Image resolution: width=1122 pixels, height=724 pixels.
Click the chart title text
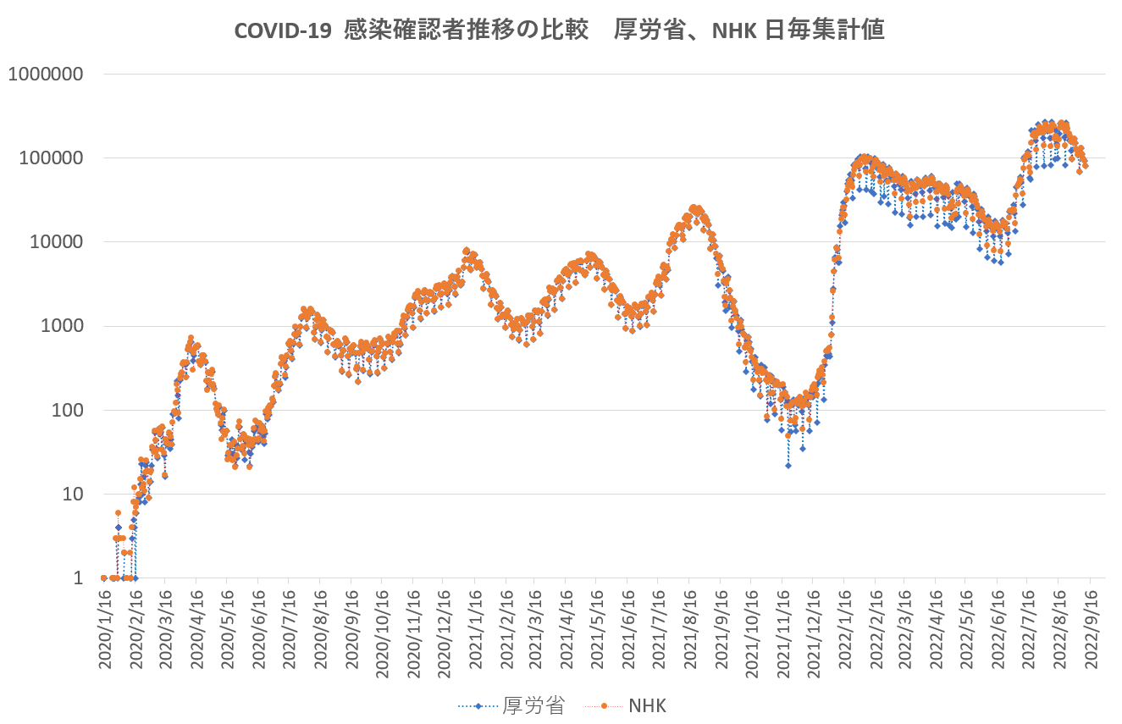click(559, 30)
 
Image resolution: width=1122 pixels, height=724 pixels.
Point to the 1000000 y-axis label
click(46, 74)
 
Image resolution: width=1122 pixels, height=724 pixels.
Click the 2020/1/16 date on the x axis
click(104, 631)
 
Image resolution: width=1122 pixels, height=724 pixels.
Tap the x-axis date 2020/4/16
click(196, 631)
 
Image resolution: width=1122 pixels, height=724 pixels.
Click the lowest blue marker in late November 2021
click(788, 465)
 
